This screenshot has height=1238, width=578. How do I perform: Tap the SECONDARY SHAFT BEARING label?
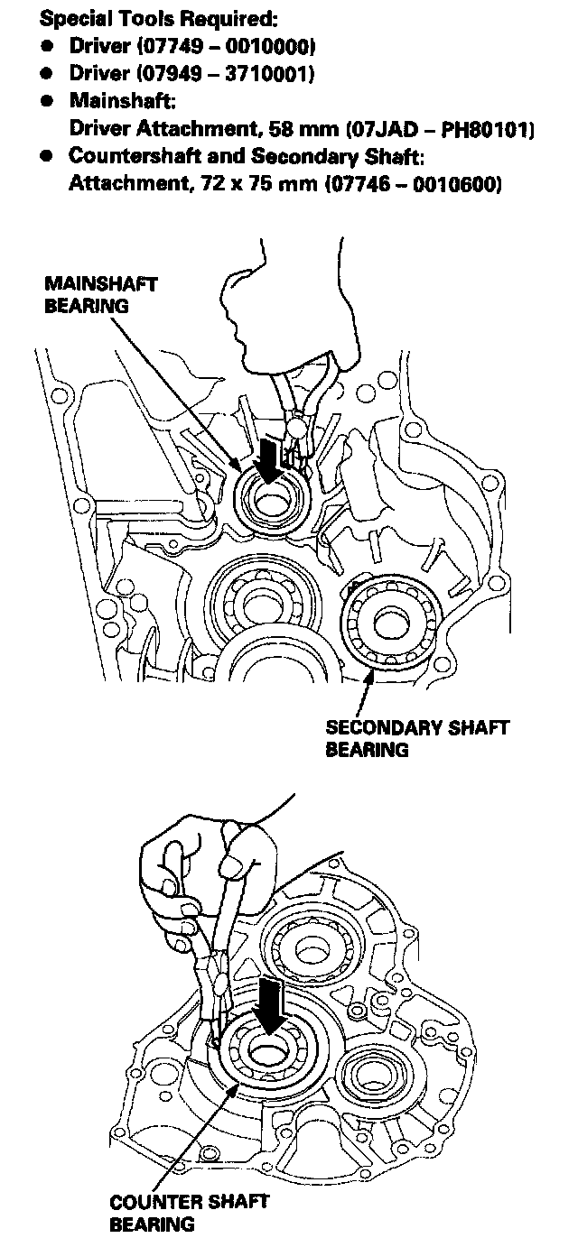pos(417,737)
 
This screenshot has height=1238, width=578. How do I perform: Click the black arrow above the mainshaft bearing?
pos(268,457)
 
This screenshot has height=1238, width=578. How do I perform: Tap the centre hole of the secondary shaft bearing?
pos(391,621)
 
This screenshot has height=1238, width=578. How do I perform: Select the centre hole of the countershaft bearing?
pos(268,1053)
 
